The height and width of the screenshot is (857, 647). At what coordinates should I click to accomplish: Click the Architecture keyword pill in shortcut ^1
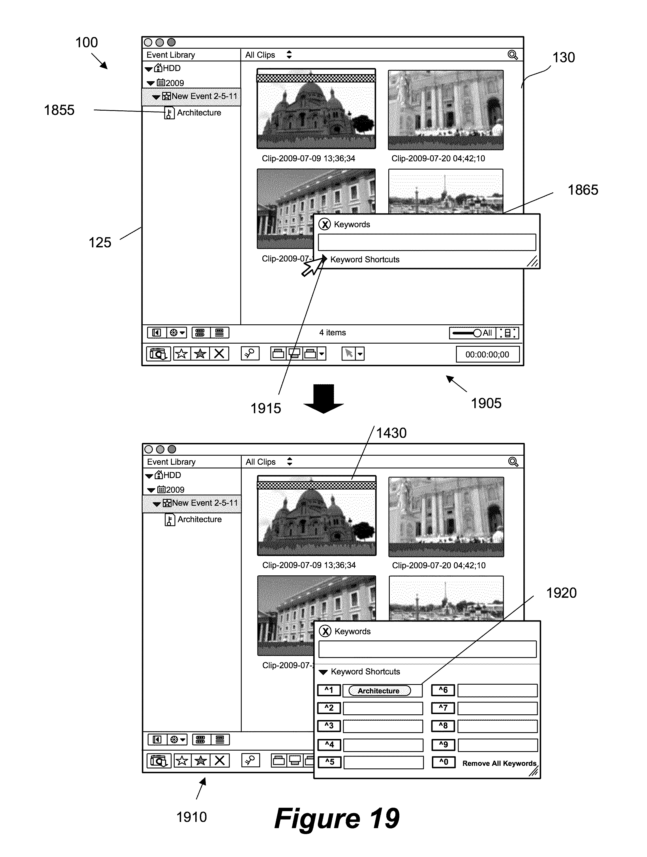tap(379, 691)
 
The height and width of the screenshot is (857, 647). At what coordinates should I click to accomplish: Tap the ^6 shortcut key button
tap(443, 690)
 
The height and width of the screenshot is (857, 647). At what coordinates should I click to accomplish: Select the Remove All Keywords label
tap(499, 763)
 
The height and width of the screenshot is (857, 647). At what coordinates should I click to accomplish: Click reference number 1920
tap(561, 593)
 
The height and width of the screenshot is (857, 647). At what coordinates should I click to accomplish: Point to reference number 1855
tap(59, 110)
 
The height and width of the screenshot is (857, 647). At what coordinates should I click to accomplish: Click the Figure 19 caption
tap(337, 818)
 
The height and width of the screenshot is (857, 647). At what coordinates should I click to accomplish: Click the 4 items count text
tap(332, 333)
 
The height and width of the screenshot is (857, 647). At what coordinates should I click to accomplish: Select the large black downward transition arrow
tap(323, 398)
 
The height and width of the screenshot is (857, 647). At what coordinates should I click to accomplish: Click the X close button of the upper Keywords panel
tap(325, 224)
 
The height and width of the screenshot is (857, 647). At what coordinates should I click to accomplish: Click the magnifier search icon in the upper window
tap(513, 55)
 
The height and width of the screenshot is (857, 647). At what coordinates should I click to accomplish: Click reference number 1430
tap(391, 433)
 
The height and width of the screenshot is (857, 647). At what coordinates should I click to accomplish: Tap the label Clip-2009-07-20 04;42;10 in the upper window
tap(438, 158)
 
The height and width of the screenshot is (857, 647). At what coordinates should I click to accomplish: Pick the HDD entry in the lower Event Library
tap(172, 475)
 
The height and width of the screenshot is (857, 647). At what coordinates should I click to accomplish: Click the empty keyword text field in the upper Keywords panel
tap(427, 242)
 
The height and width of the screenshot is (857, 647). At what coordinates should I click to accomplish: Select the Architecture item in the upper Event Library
tap(199, 113)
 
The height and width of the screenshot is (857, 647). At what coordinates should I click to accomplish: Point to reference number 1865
tap(583, 190)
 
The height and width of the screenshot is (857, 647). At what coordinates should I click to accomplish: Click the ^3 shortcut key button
tap(329, 726)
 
